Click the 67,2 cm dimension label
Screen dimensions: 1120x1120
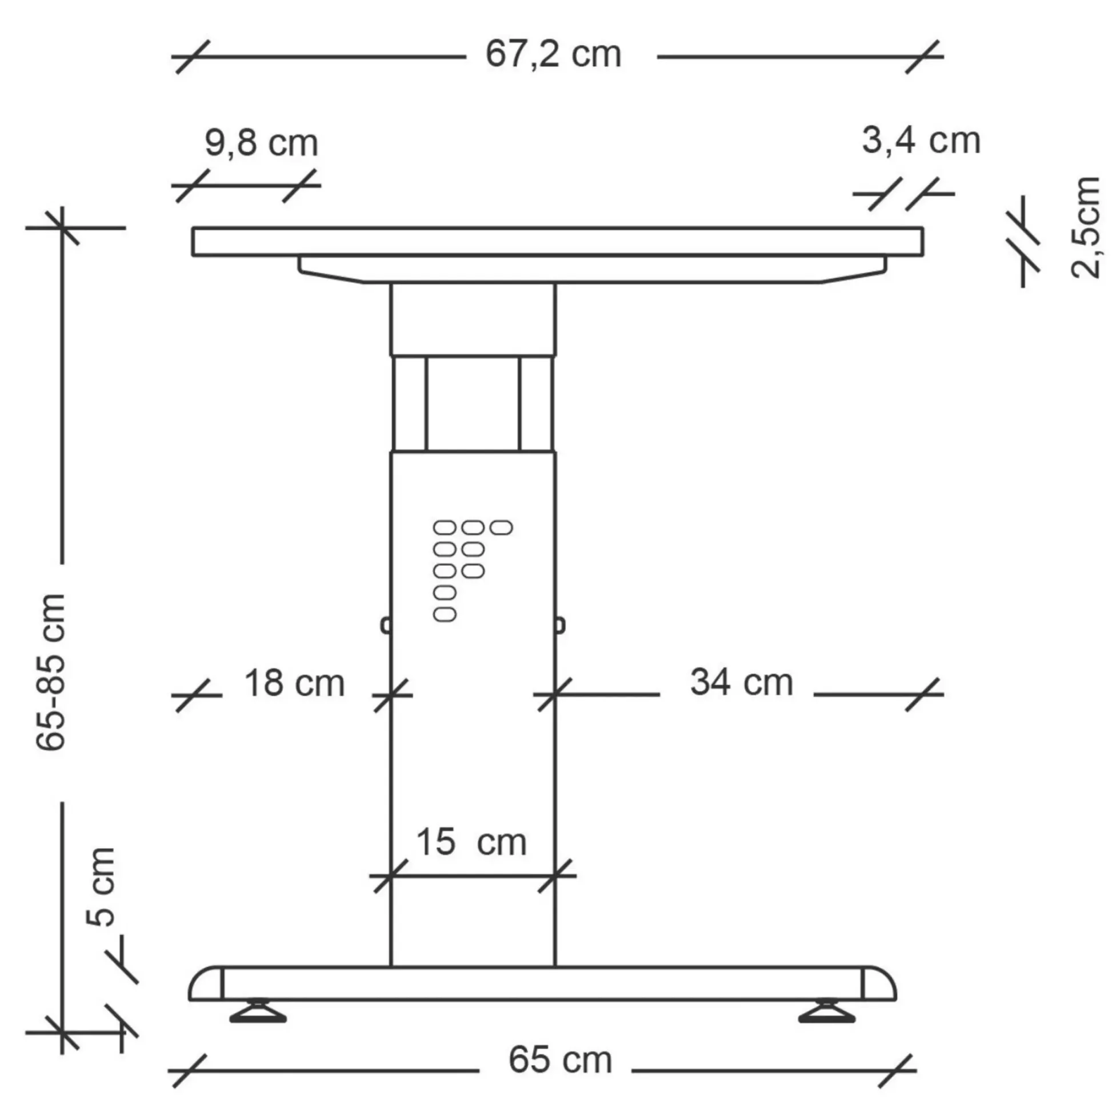coord(553,55)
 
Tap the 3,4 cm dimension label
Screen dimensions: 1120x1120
coord(921,141)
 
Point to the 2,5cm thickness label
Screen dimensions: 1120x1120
coord(1085,227)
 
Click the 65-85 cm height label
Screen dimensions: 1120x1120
coord(51,672)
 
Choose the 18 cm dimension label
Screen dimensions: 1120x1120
coord(294,683)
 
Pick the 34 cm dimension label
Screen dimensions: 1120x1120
coord(742,682)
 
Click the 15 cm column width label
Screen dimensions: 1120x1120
coord(471,842)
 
